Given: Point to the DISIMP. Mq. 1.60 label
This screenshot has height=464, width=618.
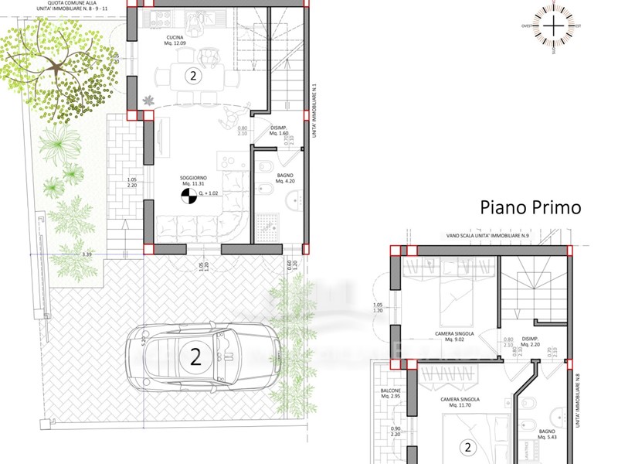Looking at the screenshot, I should [x=279, y=131].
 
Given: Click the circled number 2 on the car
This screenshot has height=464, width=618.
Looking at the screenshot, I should [x=195, y=357].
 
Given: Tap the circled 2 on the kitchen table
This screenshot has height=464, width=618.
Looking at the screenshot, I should [x=193, y=76].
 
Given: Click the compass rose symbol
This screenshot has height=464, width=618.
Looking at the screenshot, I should [x=554, y=26].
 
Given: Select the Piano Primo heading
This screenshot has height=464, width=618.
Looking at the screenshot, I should [x=530, y=207].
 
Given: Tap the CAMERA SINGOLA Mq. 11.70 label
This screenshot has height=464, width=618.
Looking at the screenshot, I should [x=460, y=402].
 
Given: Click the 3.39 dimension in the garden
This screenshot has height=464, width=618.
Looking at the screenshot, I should [x=87, y=253].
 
